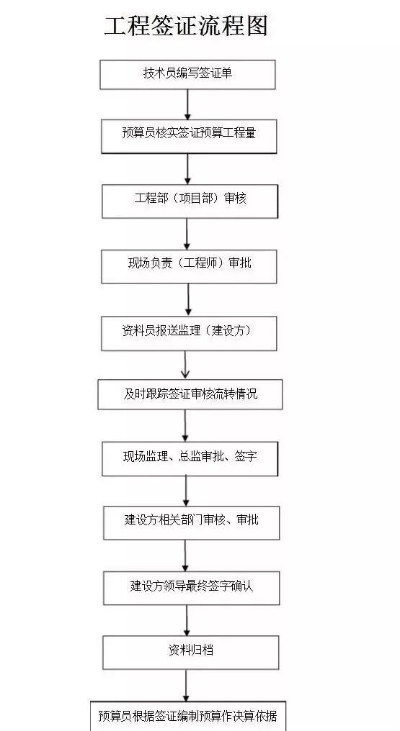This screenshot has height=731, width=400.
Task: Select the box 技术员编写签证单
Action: pyautogui.click(x=187, y=75)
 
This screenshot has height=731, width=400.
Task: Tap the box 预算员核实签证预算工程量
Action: pyautogui.click(x=189, y=136)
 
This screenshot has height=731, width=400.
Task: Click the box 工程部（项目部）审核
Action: pyautogui.click(x=190, y=201)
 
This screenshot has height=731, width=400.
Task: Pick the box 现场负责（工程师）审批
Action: pyautogui.click(x=189, y=266)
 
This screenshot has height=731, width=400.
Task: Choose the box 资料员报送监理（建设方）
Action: pyautogui.click(x=189, y=333)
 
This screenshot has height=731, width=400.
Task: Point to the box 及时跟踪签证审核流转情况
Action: pyautogui.click(x=190, y=394)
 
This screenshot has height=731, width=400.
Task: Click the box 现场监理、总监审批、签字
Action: pyautogui.click(x=190, y=459)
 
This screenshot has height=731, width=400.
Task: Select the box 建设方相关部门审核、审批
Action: pyautogui.click(x=192, y=522)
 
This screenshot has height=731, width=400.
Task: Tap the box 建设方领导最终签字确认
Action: pyautogui.click(x=192, y=587)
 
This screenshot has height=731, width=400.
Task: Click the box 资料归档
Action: pyautogui.click(x=191, y=652)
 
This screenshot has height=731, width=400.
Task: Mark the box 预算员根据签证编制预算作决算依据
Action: pyautogui.click(x=187, y=716)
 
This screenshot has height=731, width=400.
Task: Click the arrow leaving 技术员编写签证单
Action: pyautogui.click(x=187, y=104)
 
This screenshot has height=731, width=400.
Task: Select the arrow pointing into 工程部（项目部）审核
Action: pyautogui.click(x=187, y=169)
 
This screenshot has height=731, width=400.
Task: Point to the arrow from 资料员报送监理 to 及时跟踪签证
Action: pyautogui.click(x=185, y=365)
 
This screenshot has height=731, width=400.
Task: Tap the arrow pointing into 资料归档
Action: pyautogui.click(x=187, y=620)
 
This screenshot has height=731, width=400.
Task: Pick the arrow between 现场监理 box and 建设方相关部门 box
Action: pyautogui.click(x=186, y=491)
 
